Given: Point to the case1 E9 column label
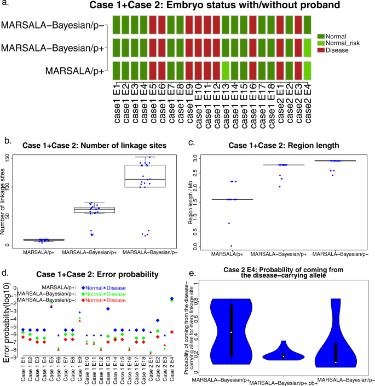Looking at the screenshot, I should (189, 107).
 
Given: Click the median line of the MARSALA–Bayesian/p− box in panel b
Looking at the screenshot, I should (145, 179).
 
